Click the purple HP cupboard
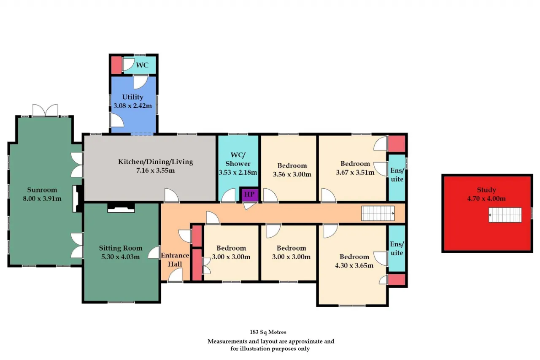249,194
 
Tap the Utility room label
132,97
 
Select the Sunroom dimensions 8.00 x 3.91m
42,199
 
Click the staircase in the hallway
378,213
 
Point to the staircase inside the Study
505,215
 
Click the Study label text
486,190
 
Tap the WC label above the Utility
142,65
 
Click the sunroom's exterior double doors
45,110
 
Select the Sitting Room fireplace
121,208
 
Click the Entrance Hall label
175,260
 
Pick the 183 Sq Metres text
268,332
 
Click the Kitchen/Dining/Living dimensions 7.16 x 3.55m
156,171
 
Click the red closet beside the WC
116,65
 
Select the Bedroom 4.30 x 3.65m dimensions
354,266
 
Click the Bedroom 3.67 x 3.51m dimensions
355,173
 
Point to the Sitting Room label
121,248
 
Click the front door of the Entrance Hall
175,275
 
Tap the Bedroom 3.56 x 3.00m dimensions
292,174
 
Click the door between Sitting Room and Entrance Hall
154,252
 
